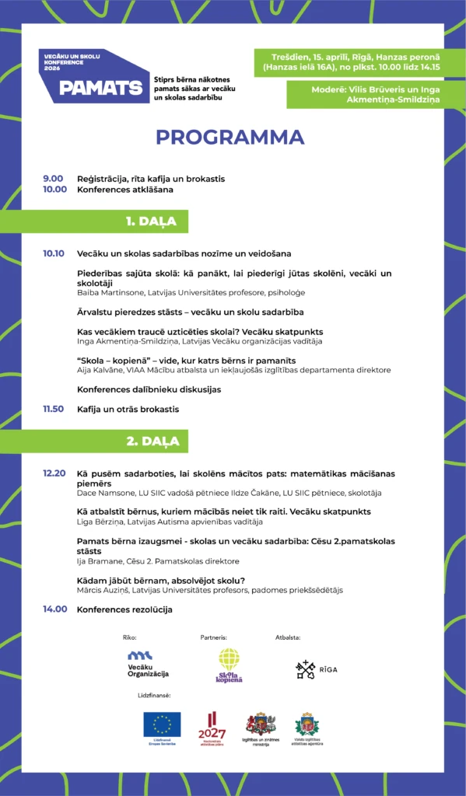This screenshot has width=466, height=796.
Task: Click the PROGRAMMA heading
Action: click(229, 137)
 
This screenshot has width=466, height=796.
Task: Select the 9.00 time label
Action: click(53, 179)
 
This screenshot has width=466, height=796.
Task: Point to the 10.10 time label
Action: click(54, 253)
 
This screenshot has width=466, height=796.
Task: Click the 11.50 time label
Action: click(54, 409)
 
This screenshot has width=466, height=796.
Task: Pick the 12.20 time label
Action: click(54, 473)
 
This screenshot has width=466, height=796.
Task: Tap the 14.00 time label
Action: click(54, 609)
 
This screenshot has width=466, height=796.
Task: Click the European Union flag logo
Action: click(162, 725)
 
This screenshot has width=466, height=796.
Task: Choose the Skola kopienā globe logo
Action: click(229, 666)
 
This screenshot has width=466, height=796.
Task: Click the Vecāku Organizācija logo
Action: click(148, 665)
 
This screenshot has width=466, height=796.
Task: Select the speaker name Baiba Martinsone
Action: click(110, 293)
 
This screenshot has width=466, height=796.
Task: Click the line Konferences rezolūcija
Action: click(124, 609)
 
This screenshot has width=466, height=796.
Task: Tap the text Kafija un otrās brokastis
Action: click(128, 409)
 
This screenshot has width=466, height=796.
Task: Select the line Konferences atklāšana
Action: click(124, 189)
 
